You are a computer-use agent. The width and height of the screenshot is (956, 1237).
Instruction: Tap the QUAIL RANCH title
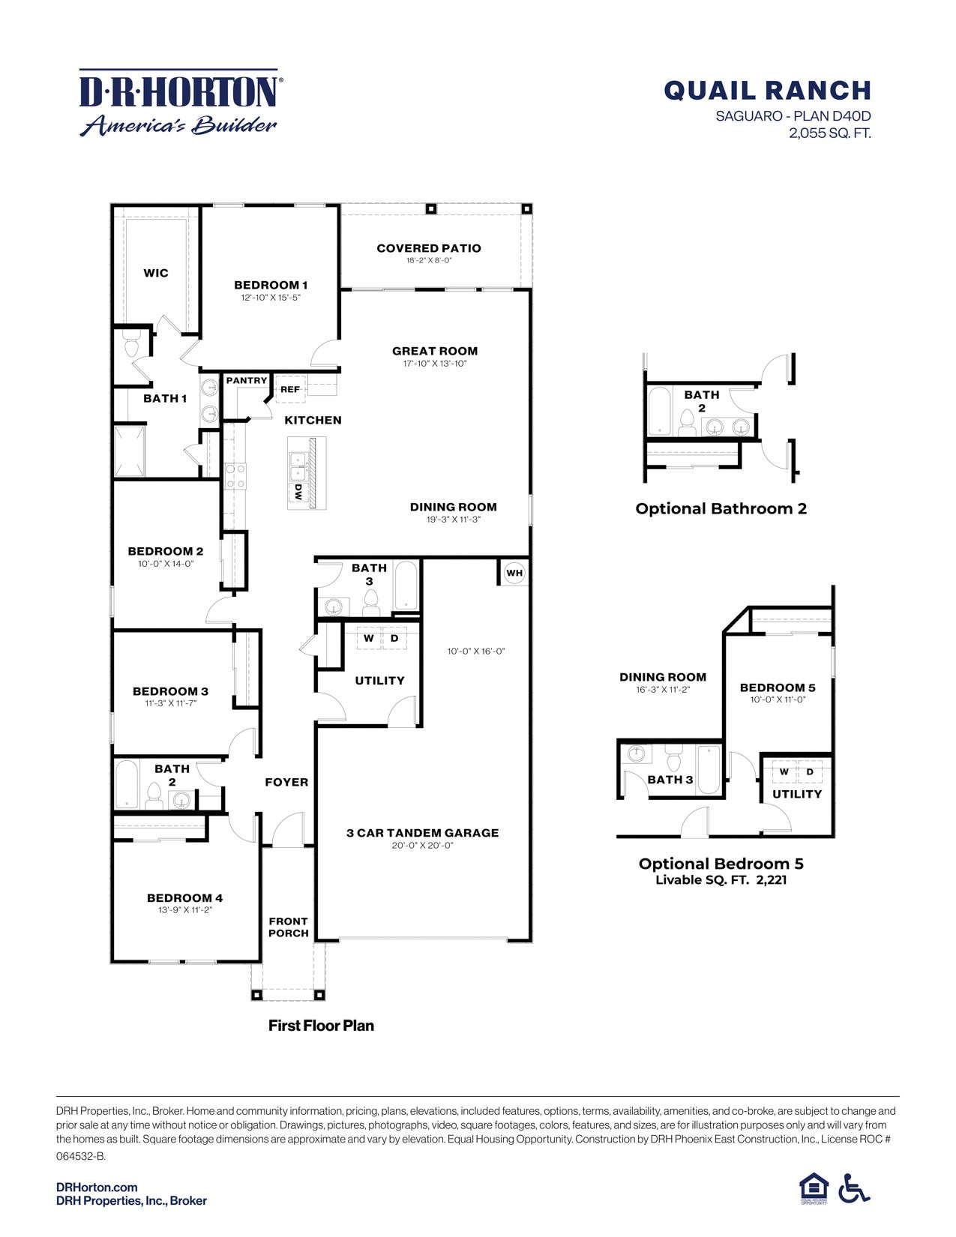pos(767,91)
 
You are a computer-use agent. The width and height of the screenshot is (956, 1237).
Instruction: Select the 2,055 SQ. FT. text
pos(829,133)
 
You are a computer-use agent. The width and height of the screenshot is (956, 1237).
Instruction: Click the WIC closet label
pos(156,273)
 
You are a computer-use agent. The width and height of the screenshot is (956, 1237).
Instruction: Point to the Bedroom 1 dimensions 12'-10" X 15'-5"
pos(271,298)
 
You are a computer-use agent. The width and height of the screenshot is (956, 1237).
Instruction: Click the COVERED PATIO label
pos(429,248)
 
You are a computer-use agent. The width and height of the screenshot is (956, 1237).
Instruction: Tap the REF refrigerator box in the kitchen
pos(290,389)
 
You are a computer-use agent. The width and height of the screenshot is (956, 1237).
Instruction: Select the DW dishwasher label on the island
pos(298,492)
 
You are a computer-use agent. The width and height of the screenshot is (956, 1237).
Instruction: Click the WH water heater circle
pos(514,574)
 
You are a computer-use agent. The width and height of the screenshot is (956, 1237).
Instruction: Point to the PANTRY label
pos(247,381)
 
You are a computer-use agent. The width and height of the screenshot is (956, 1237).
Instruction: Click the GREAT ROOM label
pos(435,351)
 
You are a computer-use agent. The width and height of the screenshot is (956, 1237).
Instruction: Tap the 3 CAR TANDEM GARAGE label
pos(422,833)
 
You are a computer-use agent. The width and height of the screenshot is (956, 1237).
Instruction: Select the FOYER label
pos(286,782)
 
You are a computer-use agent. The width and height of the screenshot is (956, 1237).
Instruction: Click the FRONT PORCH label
pos(289,927)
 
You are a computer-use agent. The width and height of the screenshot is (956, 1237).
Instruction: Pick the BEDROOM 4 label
pos(184,898)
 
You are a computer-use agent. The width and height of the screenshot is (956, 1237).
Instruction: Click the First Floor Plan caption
pos(321,1026)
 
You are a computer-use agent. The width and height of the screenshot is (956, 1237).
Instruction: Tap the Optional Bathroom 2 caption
pos(721,508)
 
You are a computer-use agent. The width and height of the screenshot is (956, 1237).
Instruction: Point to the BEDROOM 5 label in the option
pos(778,687)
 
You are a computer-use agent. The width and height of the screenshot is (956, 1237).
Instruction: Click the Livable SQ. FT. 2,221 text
pos(721,880)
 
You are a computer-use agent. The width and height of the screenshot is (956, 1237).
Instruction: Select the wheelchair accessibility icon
pos(854,1188)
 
